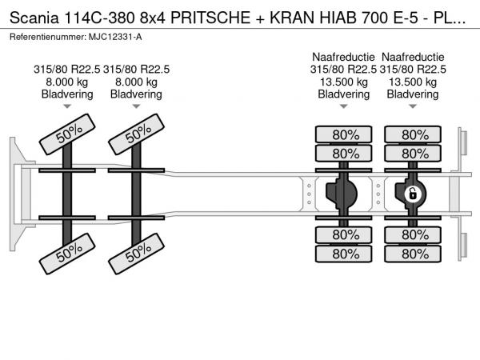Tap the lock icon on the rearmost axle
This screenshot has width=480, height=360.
414,194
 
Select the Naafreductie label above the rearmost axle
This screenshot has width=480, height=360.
413,58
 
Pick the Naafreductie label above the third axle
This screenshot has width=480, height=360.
343,58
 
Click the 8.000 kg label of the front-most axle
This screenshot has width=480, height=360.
67,82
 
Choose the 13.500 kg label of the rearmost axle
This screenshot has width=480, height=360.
413,82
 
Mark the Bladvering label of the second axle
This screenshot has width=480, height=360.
136,94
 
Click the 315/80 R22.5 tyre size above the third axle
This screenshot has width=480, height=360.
343,70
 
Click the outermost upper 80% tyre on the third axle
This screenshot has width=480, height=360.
345,134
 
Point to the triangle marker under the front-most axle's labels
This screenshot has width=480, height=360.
67,106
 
